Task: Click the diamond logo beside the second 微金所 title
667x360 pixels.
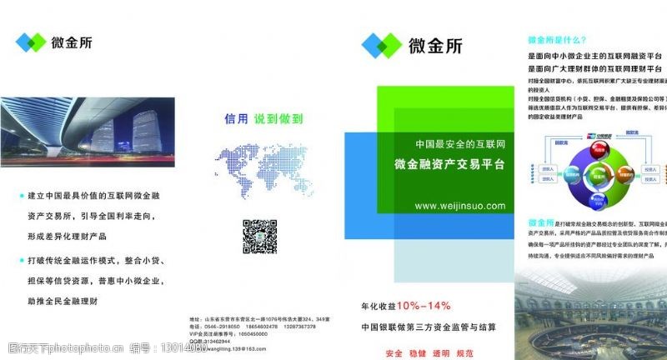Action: point(380,45)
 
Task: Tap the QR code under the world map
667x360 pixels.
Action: point(259,235)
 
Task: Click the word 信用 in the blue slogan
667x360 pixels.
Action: point(237,119)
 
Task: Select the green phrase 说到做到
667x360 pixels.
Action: point(278,119)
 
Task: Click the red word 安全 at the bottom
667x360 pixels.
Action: point(395,352)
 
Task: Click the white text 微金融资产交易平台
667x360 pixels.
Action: point(449,165)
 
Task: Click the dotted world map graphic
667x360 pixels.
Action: point(260,171)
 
